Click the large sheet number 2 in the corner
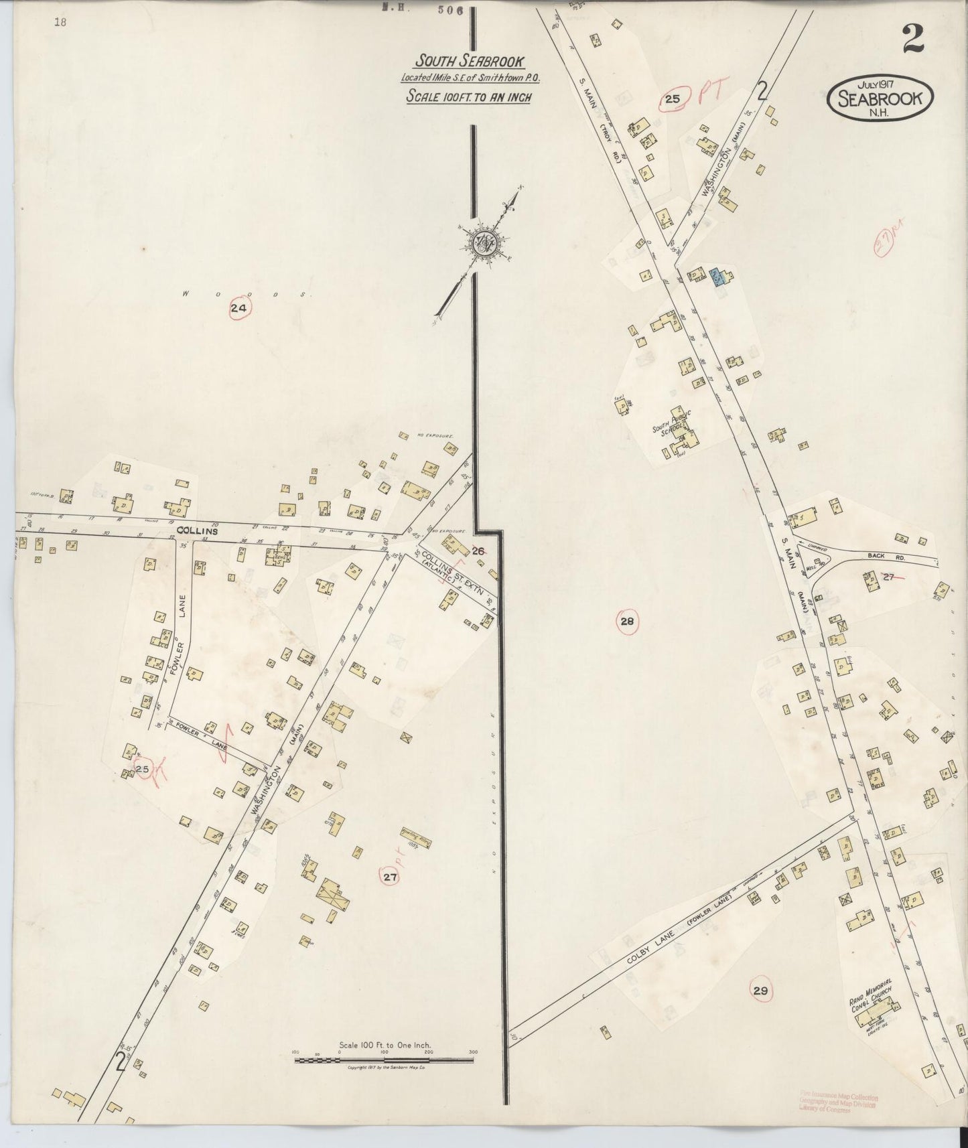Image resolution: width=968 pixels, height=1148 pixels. pos(913,40)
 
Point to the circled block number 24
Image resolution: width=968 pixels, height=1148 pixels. pos(239,308)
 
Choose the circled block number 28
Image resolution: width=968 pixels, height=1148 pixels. pos(627,622)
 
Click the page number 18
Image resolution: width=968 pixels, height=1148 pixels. pos(61,21)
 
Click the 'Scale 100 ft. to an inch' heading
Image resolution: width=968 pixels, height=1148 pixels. pos(468,96)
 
